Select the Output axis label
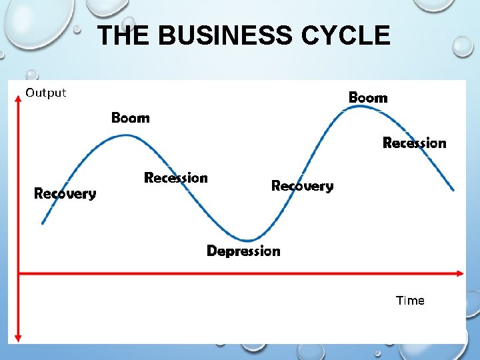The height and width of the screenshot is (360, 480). click(x=46, y=93)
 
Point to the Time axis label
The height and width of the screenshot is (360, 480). click(x=410, y=301)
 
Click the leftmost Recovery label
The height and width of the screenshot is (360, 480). click(x=65, y=194)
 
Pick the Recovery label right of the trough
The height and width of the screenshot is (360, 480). click(x=302, y=186)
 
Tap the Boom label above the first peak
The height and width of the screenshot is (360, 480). click(x=131, y=118)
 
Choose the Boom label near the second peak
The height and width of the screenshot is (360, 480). click(x=368, y=98)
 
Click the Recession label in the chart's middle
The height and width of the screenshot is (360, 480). click(x=176, y=178)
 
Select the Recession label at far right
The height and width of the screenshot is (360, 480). click(x=414, y=143)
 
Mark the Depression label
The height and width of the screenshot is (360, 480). click(x=243, y=251)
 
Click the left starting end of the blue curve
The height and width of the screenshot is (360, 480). click(x=43, y=223)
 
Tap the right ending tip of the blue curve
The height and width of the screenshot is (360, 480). click(x=454, y=190)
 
